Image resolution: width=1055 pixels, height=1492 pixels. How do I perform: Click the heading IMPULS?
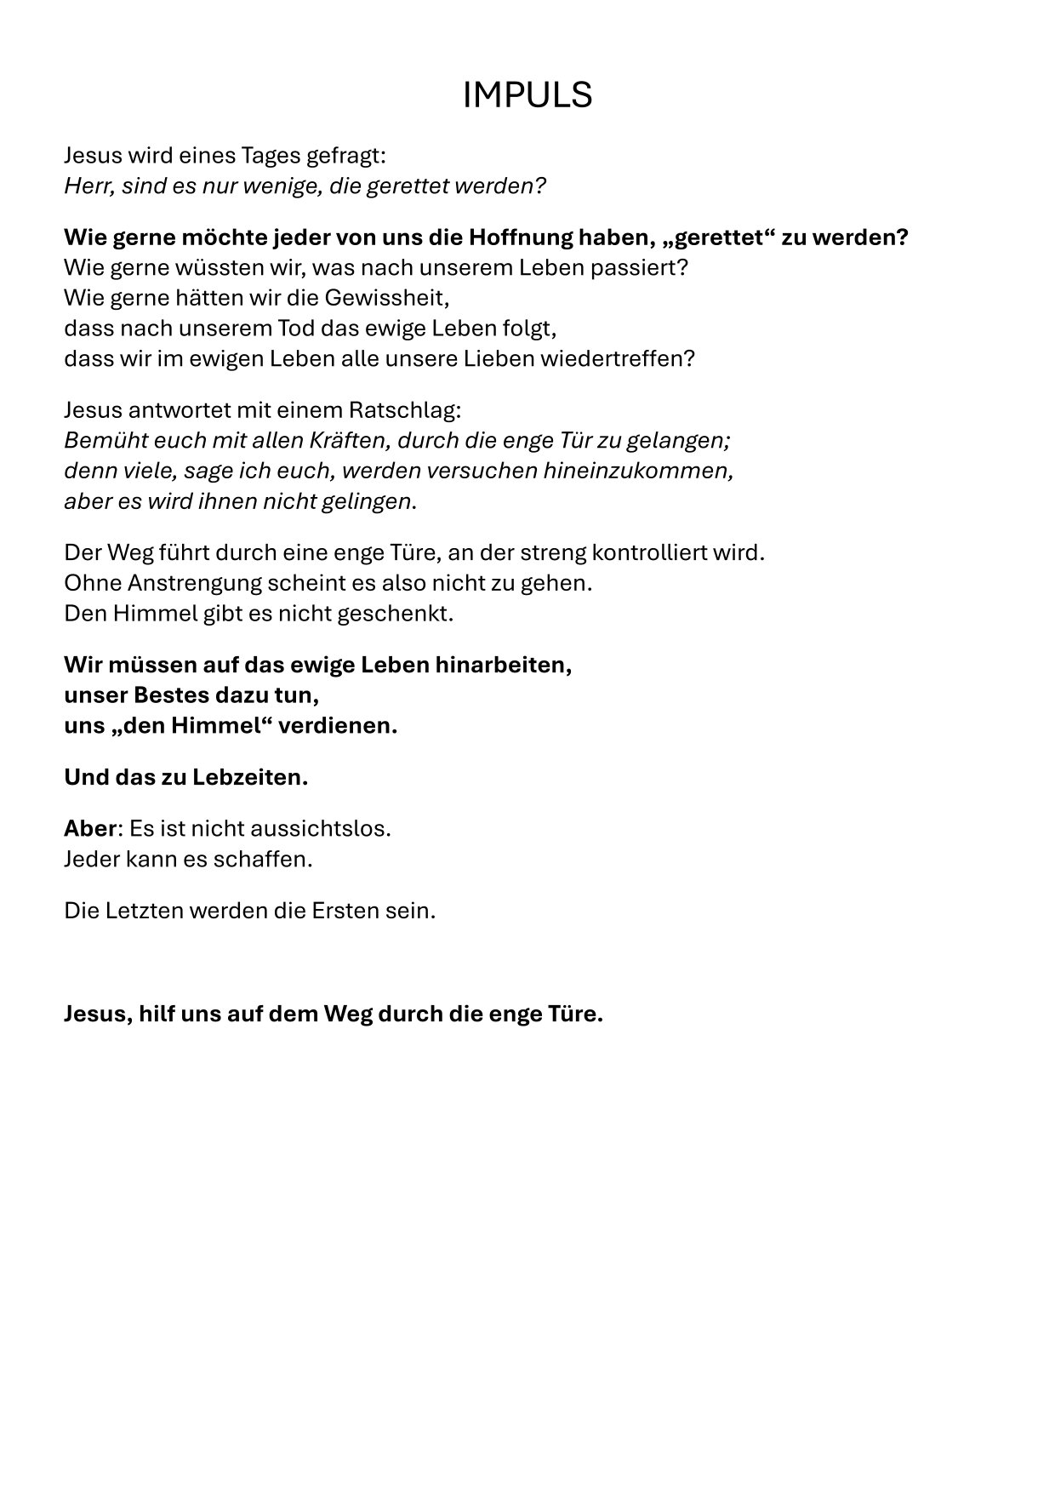527,95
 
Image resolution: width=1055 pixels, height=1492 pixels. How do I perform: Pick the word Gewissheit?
389,298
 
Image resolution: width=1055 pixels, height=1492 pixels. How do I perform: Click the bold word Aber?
89,828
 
